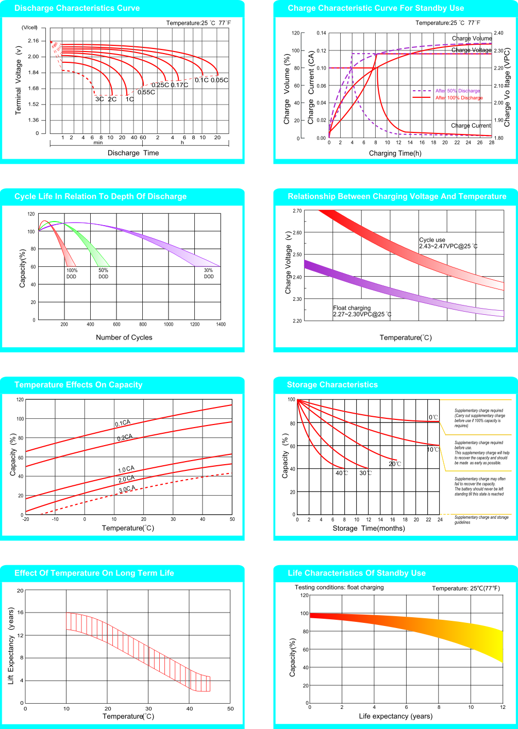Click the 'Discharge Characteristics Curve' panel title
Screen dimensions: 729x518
click(77, 8)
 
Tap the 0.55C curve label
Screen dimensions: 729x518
click(146, 92)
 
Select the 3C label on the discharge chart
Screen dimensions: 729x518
click(99, 99)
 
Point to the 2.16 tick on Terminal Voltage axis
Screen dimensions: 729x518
click(34, 41)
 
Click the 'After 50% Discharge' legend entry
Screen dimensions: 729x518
click(458, 91)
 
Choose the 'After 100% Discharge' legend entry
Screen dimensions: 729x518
click(459, 97)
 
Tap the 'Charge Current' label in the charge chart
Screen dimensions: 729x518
click(471, 126)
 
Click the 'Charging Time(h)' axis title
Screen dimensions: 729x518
click(395, 153)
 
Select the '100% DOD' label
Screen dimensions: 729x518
click(72, 273)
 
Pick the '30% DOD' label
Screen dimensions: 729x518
click(208, 273)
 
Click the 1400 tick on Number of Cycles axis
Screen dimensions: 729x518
click(221, 325)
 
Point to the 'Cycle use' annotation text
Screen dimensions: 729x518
click(432, 240)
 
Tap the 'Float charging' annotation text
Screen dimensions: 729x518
click(352, 308)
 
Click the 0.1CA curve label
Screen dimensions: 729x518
click(123, 423)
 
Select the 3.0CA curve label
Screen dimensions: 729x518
click(127, 489)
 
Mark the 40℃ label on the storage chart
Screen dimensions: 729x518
click(342, 473)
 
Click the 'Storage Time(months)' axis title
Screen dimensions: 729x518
click(369, 528)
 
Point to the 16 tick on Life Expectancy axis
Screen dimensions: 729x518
click(21, 613)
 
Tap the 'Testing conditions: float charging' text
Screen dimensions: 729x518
click(339, 587)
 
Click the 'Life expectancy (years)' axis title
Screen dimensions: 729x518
click(395, 716)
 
